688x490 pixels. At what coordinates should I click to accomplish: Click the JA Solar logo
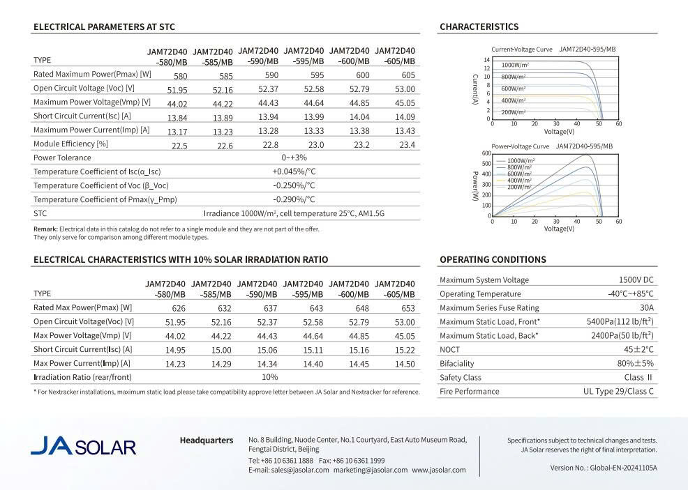tap(83, 446)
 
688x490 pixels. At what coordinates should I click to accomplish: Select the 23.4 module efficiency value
tap(407, 144)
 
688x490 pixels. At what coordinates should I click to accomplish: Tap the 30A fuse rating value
tap(646, 308)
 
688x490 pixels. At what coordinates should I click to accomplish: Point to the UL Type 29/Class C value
tap(618, 392)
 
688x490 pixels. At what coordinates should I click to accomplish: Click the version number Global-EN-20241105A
tap(624, 468)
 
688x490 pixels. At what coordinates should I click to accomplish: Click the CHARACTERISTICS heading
tap(479, 27)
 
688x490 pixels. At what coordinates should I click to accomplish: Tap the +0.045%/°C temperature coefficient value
tap(294, 171)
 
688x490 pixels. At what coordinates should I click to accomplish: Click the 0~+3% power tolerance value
tap(294, 158)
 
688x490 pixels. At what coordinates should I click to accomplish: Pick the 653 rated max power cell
tap(408, 308)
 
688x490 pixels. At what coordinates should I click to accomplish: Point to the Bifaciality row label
tap(456, 364)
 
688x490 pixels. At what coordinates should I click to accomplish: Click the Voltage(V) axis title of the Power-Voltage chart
tap(559, 229)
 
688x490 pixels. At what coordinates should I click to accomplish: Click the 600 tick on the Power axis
tap(486, 153)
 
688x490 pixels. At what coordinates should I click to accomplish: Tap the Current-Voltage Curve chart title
tap(522, 49)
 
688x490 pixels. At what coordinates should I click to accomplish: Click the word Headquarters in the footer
tap(207, 441)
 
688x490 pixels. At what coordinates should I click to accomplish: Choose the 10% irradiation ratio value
tap(269, 377)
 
